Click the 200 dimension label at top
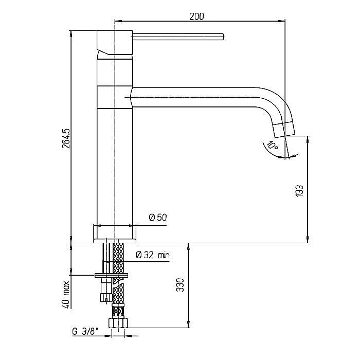pos(196,16)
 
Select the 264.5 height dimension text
pos(66,138)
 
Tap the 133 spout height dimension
pos(299,191)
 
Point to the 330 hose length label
pos(180,285)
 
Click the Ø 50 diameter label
pos(158,217)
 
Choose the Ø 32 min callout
pos(153,255)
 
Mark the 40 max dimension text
pos(66,295)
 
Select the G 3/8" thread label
pos(85,331)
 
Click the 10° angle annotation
pos(273,146)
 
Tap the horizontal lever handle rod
pos(178,37)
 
